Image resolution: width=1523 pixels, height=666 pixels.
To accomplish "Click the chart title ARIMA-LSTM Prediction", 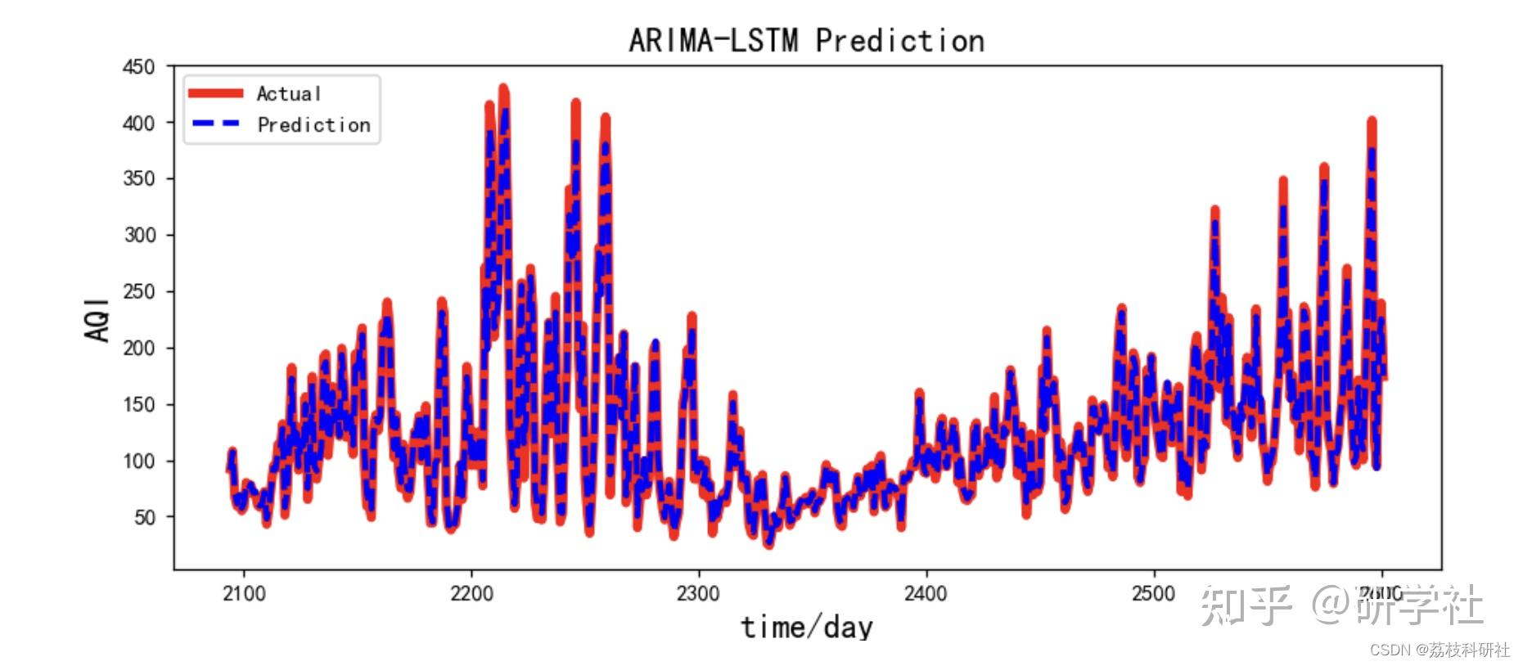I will click(806, 40).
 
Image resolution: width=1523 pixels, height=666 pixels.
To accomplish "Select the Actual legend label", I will click(288, 94).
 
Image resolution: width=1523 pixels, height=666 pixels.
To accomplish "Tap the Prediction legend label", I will click(313, 125).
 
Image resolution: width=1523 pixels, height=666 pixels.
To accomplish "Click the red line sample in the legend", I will click(215, 93).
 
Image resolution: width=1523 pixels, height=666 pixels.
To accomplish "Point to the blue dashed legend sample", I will click(215, 124).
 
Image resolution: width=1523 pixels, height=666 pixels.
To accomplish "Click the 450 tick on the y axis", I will click(138, 67).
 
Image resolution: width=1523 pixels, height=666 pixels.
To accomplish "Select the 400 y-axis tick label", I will click(138, 124).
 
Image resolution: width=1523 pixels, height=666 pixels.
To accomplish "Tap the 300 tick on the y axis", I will click(138, 236).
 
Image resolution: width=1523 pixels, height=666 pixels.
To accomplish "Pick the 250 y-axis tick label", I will click(138, 292).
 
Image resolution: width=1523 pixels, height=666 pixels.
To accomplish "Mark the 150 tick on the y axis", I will click(138, 405).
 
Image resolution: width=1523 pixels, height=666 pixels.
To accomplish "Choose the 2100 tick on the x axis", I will click(244, 593).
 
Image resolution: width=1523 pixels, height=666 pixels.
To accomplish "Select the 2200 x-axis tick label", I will click(471, 593).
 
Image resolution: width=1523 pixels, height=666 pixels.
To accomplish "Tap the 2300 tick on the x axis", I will click(698, 593).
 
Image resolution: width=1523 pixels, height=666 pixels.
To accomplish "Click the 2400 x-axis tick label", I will click(926, 593).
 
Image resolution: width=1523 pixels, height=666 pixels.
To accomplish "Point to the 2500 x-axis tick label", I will click(1153, 593).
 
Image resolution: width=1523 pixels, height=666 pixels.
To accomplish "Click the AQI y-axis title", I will click(97, 319).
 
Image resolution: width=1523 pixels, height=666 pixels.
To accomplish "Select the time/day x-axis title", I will click(807, 628).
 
